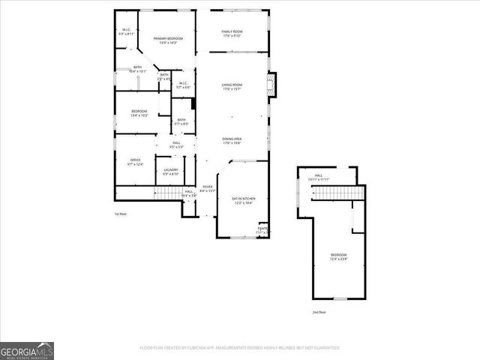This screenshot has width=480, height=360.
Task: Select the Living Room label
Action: pyautogui.click(x=231, y=87)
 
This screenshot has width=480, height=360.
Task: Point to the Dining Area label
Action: pyautogui.click(x=231, y=141)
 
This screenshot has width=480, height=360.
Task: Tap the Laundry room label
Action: pyautogui.click(x=170, y=172)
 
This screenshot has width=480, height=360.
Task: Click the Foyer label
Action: pyautogui.click(x=207, y=189)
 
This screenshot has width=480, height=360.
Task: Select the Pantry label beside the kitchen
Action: pyautogui.click(x=262, y=230)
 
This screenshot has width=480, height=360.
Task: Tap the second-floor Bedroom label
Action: pyautogui.click(x=339, y=256)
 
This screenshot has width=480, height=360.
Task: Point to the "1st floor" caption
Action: pyautogui.click(x=120, y=214)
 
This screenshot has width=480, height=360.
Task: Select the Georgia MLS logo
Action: pyautogui.click(x=27, y=350)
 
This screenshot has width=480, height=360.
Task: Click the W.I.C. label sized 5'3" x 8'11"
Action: pyautogui.click(x=127, y=32)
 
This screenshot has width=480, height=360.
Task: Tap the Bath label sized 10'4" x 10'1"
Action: pyautogui.click(x=137, y=69)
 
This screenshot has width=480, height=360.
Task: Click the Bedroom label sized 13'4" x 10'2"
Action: pyautogui.click(x=139, y=113)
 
